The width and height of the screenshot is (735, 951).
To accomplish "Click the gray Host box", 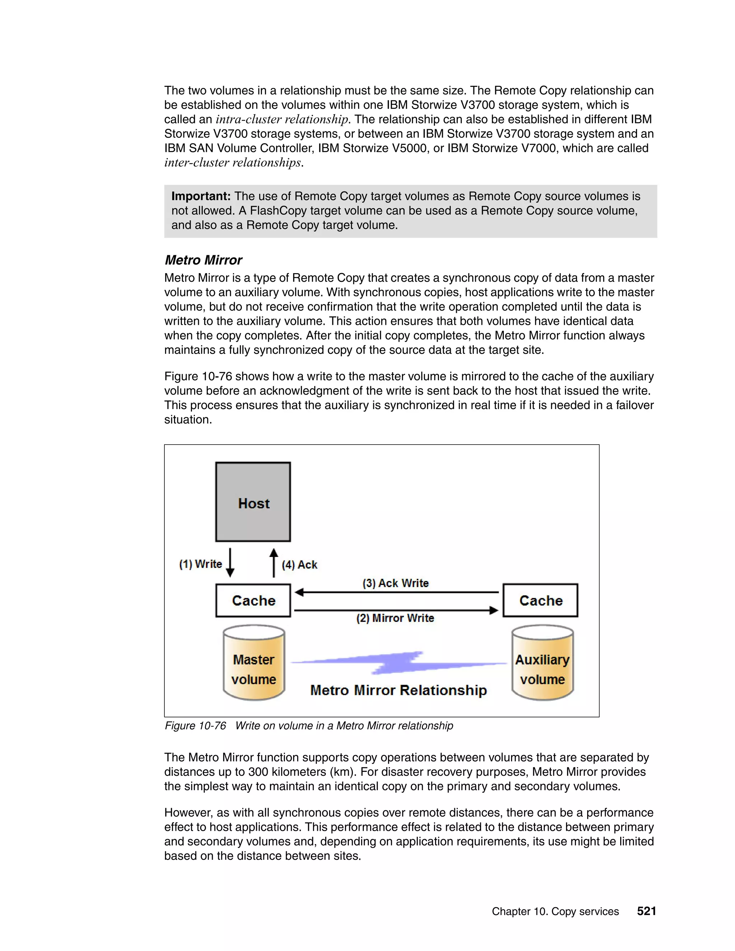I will tap(253, 502).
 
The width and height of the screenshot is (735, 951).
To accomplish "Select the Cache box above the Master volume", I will tap(253, 600).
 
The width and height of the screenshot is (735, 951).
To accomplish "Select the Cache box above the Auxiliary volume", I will tap(540, 600).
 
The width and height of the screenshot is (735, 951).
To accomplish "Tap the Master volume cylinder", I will tap(254, 663).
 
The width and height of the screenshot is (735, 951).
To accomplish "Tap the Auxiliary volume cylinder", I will tap(542, 663).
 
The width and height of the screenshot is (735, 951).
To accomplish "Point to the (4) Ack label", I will tap(299, 565).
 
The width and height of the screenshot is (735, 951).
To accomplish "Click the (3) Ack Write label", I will tap(395, 583).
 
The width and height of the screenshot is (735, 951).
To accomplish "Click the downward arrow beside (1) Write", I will tap(230, 563).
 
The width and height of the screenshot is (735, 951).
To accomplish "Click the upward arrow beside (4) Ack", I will tap(273, 563).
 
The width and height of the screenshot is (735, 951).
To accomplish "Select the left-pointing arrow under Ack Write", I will tap(396, 592).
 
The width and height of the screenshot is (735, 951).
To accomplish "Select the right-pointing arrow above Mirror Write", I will tap(396, 610).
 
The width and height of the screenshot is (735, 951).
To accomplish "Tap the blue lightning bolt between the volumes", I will tap(398, 663).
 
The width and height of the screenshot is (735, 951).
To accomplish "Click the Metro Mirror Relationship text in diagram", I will tap(398, 690).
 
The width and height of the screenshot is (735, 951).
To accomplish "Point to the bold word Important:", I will tap(201, 196).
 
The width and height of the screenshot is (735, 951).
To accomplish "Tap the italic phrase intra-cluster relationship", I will tap(282, 119).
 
